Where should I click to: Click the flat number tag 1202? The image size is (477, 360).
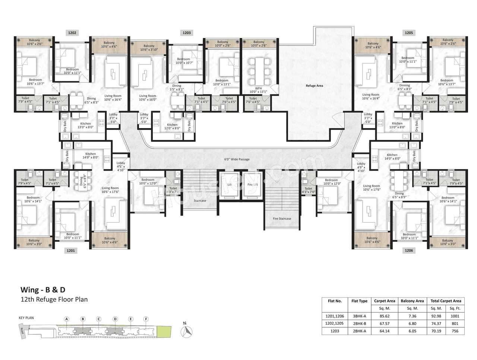(x=72, y=33)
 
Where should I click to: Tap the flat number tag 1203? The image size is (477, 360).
(x=187, y=33)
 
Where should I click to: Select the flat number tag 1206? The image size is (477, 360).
(x=409, y=251)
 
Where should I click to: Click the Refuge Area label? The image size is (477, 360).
(x=314, y=86)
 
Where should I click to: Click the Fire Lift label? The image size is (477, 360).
(x=253, y=185)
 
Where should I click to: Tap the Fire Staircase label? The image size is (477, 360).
(x=282, y=219)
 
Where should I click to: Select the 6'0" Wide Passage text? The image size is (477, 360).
(x=237, y=159)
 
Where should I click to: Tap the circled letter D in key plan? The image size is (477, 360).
(x=115, y=319)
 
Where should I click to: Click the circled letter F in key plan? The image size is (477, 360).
(x=146, y=319)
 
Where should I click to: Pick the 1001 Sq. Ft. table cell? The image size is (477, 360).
(x=455, y=316)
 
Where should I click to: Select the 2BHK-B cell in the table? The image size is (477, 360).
(x=359, y=324)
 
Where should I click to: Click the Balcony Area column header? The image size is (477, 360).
(x=412, y=301)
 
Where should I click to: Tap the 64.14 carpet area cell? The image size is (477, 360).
(x=384, y=331)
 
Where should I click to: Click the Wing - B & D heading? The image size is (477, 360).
(x=43, y=290)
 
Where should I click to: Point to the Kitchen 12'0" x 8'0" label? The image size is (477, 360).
(x=172, y=127)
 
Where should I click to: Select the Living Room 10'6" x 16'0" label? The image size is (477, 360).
(x=148, y=98)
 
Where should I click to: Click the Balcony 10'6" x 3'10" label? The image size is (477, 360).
(x=149, y=48)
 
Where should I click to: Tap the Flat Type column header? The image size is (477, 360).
(x=359, y=301)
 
